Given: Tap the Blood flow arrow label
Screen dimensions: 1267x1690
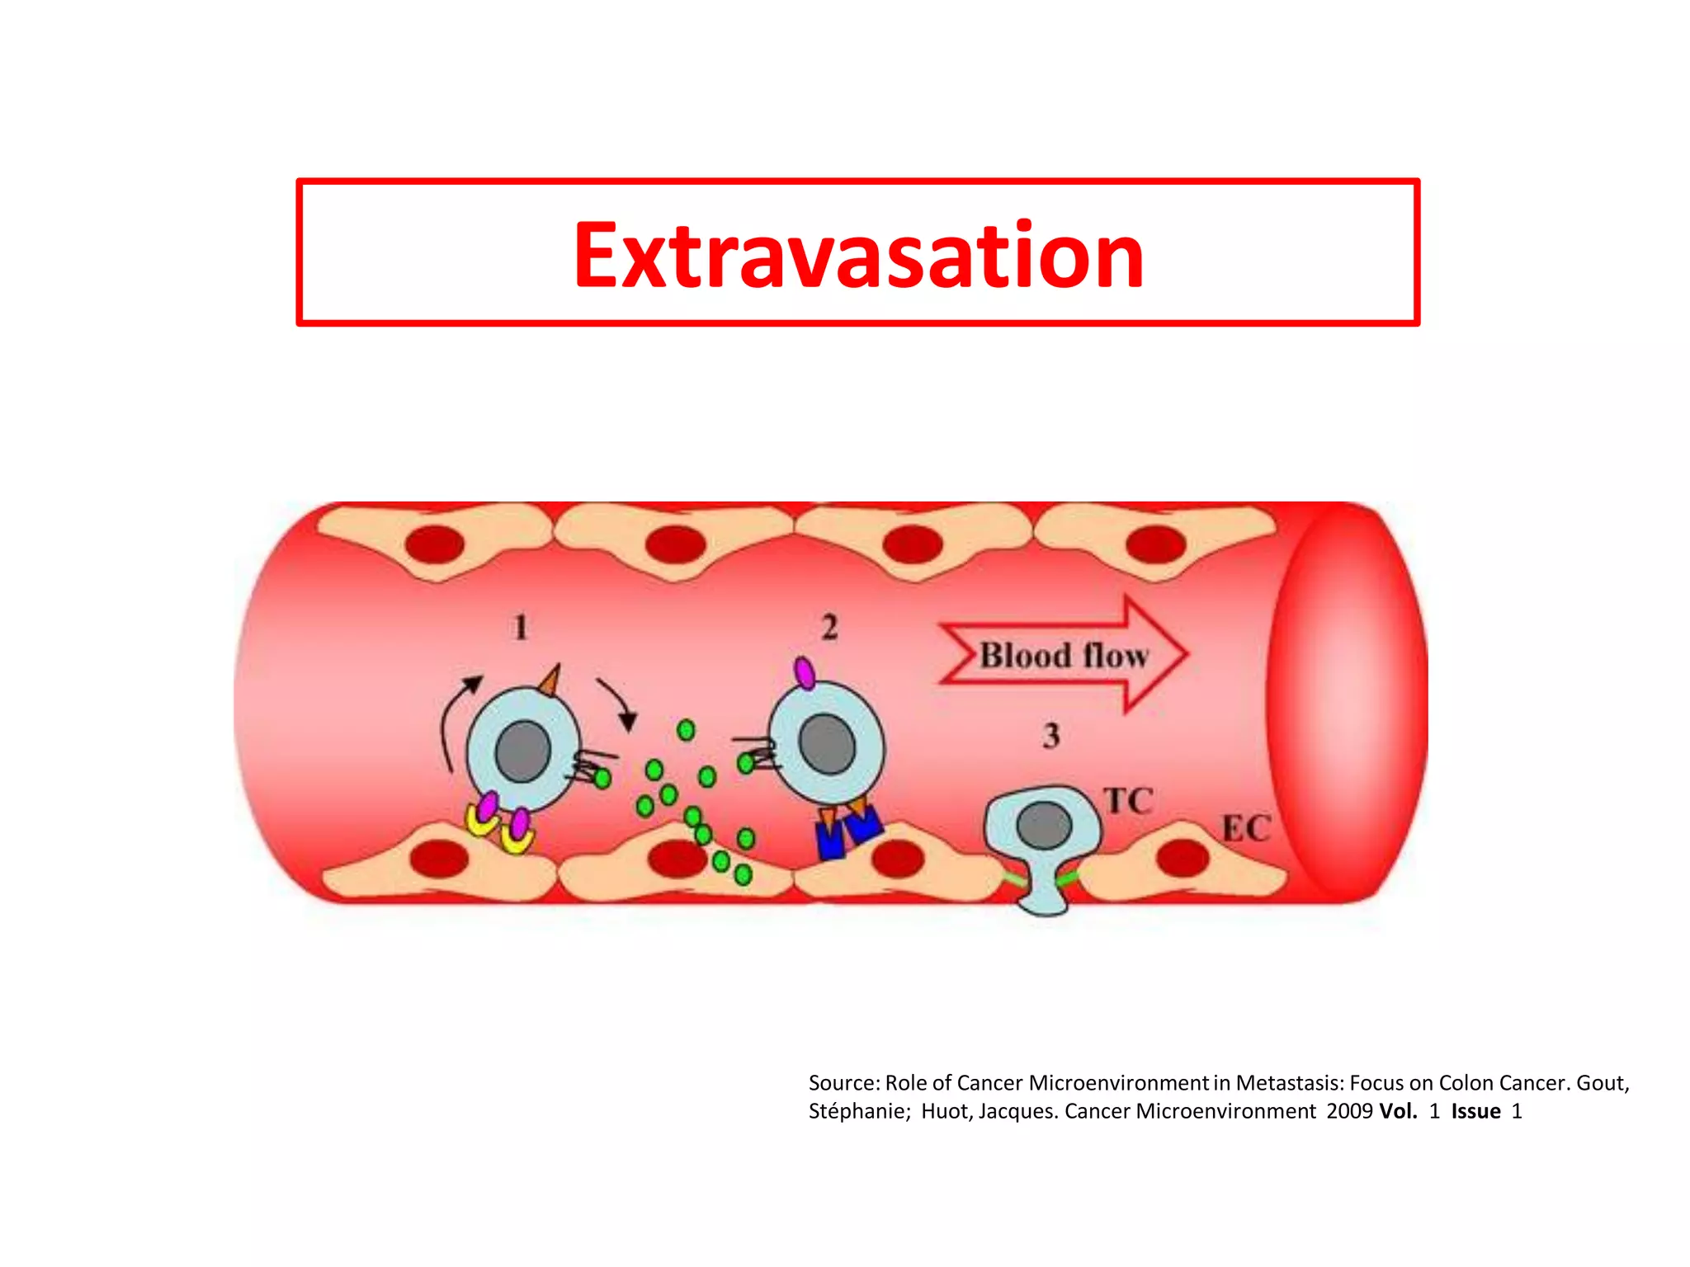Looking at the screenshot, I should pos(1063,656).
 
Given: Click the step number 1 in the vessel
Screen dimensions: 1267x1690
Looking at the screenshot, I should pos(521,628).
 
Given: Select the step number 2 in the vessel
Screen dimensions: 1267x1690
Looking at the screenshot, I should pos(829,628).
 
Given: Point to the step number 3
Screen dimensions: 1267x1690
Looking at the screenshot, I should pos(1050,735).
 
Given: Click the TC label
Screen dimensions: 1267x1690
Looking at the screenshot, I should pos(1128,801).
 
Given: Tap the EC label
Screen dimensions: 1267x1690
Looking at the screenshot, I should pos(1246,829).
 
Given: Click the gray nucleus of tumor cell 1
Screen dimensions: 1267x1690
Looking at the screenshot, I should pos(522,751).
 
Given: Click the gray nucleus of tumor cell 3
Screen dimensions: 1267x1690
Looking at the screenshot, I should pos(1044,825).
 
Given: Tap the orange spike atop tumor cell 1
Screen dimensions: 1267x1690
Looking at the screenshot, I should pos(550,681).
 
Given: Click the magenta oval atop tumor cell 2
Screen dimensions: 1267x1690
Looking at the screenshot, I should pos(805,673).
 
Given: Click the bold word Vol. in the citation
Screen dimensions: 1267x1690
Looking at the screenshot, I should pos(1398,1112).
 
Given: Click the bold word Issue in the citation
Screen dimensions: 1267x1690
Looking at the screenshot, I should pos(1475,1112).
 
